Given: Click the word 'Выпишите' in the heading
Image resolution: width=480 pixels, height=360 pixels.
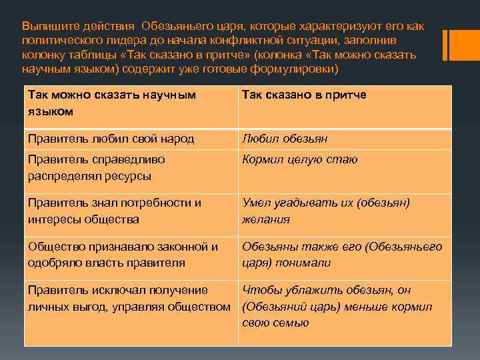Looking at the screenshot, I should coord(48,25).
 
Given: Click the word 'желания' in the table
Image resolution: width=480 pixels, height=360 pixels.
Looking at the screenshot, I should coord(265,219).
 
